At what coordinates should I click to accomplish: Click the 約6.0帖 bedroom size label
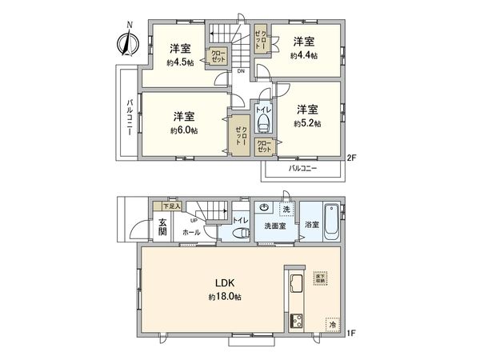pos(185,130)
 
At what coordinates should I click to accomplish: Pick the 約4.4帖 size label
pos(304,56)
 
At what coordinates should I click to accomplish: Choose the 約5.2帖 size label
pos(307,124)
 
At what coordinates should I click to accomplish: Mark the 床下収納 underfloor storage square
pos(320,278)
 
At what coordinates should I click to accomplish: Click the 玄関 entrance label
pos(161,227)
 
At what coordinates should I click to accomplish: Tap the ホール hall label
pos(191,232)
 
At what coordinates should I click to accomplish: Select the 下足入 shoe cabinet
pos(162,206)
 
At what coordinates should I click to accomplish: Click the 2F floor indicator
pos(350,158)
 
